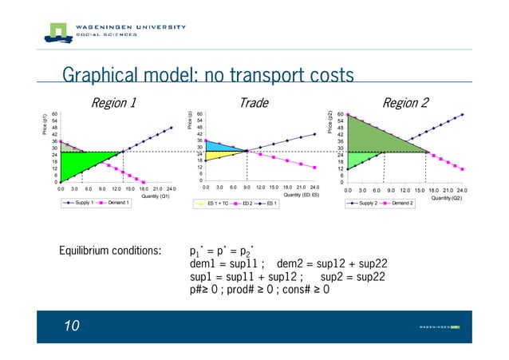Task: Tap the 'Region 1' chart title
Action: [113, 102]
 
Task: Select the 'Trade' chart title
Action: [254, 102]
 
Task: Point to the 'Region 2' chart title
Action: [405, 102]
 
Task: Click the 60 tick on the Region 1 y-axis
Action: [53, 114]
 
